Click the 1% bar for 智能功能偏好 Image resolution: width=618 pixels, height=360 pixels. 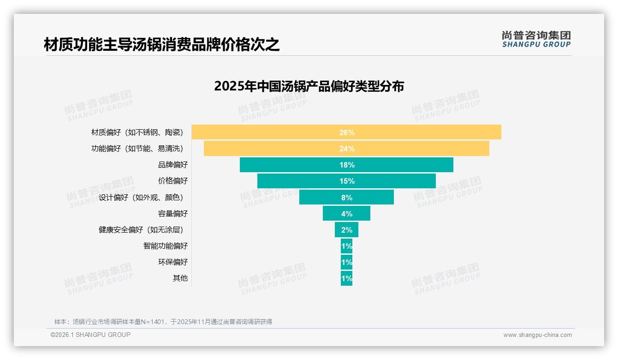346,246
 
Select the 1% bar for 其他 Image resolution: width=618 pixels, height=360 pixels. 346,278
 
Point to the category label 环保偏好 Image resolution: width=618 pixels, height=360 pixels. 173,262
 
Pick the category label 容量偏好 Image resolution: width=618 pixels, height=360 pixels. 173,214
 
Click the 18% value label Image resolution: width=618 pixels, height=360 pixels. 347,165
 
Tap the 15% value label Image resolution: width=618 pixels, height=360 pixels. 347,181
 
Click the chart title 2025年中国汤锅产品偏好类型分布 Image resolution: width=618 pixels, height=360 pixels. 309,86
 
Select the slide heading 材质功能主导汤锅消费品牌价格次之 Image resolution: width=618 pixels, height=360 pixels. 162,45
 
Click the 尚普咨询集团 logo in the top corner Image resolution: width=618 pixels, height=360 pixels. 536,39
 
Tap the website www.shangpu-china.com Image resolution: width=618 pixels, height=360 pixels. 537,335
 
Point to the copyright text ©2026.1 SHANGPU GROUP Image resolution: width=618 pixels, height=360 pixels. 90,335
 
